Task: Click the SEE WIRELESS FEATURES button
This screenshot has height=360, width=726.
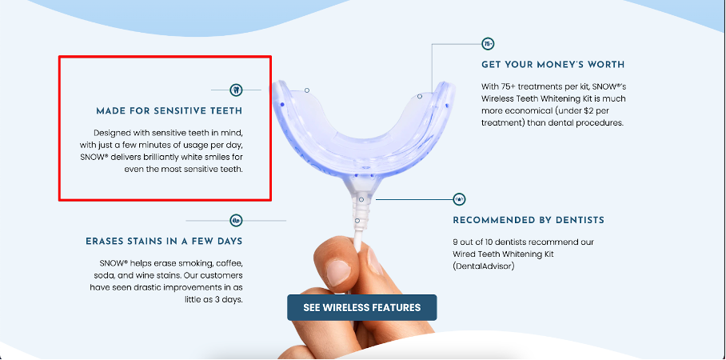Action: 361,307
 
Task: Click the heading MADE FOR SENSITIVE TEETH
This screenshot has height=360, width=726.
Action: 169,111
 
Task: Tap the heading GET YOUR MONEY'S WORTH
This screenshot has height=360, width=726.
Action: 552,65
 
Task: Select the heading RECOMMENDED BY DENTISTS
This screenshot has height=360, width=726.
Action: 529,220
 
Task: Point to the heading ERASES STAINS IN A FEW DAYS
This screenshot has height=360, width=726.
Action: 164,242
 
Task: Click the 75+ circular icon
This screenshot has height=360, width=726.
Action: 488,44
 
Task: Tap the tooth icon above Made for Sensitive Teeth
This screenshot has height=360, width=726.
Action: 236,90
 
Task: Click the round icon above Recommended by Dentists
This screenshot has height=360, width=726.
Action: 459,199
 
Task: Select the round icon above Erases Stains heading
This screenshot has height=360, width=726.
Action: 236,221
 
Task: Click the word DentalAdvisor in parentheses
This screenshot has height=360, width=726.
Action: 484,266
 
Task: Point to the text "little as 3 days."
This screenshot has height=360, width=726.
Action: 213,299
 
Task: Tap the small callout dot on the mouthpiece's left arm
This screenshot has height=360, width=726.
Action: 307,90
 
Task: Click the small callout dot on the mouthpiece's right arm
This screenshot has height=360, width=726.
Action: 420,96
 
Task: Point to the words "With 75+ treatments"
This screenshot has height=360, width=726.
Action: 517,86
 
